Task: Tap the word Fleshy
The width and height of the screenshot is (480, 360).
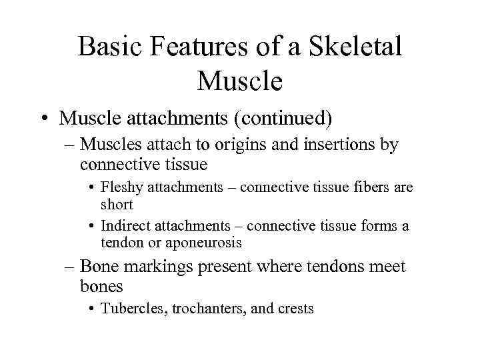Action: [x=121, y=188]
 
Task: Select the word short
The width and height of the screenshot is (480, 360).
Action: [x=117, y=204]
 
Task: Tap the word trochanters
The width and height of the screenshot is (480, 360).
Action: [x=199, y=309]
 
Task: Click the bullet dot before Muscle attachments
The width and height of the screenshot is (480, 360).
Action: [x=43, y=119]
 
